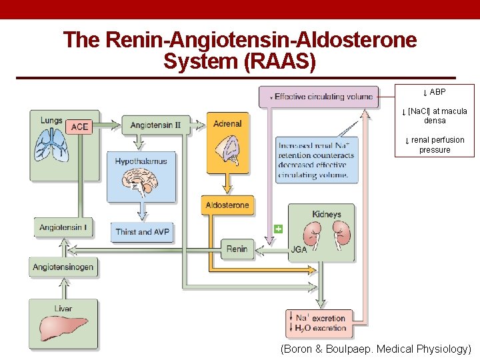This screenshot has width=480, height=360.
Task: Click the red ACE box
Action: coord(79,127)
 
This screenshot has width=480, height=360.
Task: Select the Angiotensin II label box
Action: coord(156,125)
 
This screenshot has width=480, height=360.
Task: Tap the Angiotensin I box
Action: coord(63,228)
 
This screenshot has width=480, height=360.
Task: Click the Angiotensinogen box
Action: coord(63,267)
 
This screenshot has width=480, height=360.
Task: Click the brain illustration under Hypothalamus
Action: coord(141,181)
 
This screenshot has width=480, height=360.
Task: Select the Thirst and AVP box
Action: coord(142,231)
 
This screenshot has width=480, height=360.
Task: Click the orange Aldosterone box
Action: coord(227,205)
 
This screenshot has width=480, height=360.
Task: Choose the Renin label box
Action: coord(237,249)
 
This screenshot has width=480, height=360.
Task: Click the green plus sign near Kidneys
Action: coord(279,229)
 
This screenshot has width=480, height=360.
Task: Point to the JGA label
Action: coord(299,250)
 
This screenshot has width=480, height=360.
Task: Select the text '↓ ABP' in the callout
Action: coord(435,92)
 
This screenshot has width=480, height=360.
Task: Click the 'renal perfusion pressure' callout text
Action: coord(435,145)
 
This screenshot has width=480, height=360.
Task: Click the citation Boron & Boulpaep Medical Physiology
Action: coord(375,349)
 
